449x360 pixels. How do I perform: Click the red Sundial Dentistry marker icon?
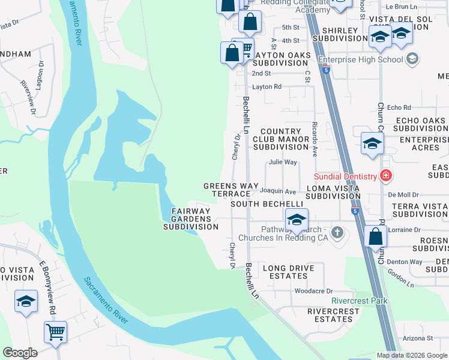pos(385,176)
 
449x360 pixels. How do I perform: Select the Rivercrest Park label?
pos(360,301)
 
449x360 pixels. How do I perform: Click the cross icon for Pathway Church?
pos(337,232)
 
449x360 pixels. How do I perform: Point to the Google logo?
pos(20,353)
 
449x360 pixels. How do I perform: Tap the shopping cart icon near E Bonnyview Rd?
pos(55,331)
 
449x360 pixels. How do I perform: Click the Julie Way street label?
pos(283,162)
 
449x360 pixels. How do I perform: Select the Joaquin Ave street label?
pos(278,192)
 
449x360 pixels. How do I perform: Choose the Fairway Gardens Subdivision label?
pos(191,219)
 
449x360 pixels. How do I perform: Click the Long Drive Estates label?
pos(285,272)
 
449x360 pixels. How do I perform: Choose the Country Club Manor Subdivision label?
pos(280,139)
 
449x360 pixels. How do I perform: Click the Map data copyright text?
pos(412,355)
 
